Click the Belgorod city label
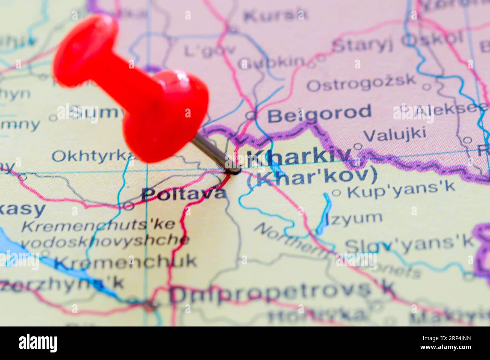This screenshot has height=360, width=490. (319, 113)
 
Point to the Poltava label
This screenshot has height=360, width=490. (184, 194)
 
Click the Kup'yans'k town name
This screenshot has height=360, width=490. (401, 190)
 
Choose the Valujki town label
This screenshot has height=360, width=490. (395, 134)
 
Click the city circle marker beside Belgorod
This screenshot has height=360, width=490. (250, 115)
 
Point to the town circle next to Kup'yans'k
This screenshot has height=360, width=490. (336, 193)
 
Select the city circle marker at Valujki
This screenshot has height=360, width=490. (357, 146)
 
